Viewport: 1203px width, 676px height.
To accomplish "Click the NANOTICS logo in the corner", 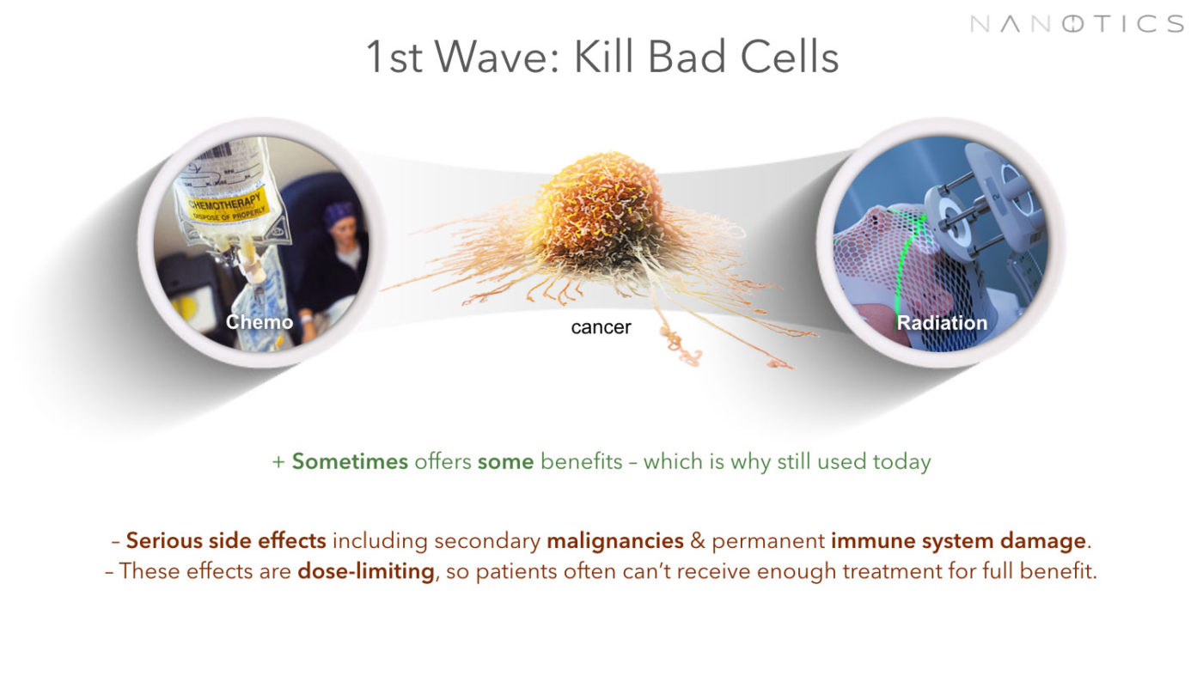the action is tap(1077, 24).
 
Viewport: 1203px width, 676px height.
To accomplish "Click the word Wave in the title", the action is tap(498, 57).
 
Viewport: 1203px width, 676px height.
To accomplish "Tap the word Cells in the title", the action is tap(789, 57).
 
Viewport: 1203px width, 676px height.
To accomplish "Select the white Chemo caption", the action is tap(260, 321).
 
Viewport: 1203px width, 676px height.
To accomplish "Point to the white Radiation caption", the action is tap(942, 323).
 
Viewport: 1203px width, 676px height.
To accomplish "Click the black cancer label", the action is tap(601, 327).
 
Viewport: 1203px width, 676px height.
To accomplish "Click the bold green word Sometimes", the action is tap(350, 462).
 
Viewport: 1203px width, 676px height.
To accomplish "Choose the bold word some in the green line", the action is tap(505, 462).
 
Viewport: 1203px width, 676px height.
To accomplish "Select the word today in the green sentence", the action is tap(901, 462).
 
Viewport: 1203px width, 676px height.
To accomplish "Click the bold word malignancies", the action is tap(615, 540).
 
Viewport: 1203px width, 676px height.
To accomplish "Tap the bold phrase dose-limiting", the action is tap(366, 570).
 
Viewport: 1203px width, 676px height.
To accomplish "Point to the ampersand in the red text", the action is tap(698, 540).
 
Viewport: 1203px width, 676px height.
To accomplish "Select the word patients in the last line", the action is tap(516, 571).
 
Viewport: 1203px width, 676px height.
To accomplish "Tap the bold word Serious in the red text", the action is tap(164, 540).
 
